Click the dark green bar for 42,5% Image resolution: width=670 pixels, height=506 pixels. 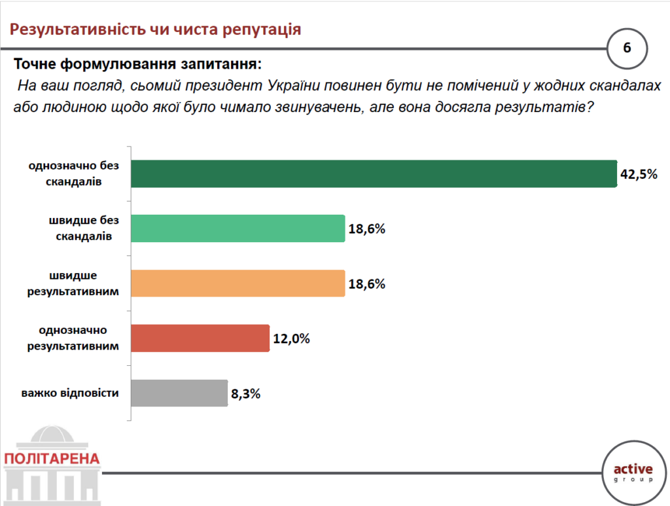[373, 174]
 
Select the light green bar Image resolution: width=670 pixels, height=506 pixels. [238, 228]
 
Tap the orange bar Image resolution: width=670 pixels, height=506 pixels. [238, 283]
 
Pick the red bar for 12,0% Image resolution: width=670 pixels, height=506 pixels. [200, 338]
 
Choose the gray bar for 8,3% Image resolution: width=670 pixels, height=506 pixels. [179, 393]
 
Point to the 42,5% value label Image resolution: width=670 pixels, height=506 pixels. [639, 175]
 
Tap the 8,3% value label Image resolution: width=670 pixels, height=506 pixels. [246, 394]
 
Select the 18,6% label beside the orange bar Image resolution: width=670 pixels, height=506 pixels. [366, 284]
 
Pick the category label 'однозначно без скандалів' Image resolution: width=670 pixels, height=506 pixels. [74, 174]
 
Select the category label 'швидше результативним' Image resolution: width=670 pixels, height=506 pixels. [74, 283]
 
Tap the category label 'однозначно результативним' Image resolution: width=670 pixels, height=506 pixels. [74, 338]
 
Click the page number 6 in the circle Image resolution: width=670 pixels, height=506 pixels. [627, 48]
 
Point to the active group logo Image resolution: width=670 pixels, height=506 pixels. [633, 472]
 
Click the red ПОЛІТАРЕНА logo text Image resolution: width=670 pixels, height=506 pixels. [52, 458]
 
